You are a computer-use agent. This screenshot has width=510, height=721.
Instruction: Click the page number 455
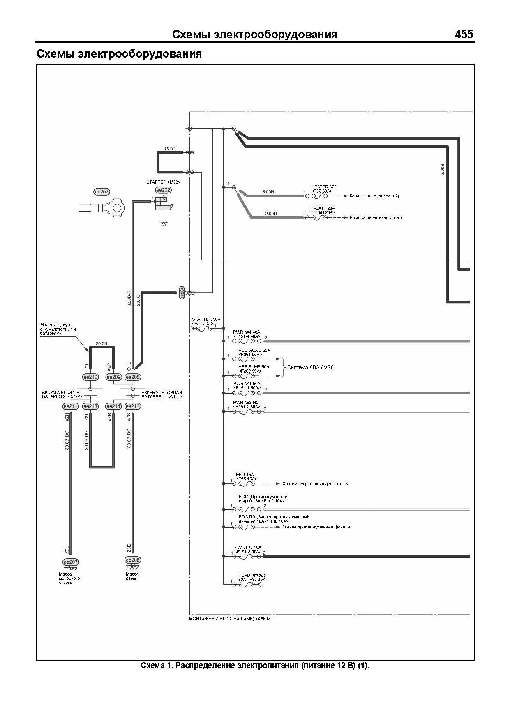(x=464, y=35)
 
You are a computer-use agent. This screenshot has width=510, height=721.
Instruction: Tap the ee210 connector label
(x=90, y=377)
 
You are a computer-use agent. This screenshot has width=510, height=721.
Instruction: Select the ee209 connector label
(x=113, y=377)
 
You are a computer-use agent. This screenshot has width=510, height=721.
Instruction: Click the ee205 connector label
(x=133, y=377)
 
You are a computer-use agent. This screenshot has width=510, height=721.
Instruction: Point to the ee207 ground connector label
(x=71, y=562)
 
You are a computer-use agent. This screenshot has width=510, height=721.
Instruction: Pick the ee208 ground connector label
(x=133, y=560)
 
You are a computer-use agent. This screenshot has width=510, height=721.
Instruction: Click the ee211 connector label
(x=70, y=406)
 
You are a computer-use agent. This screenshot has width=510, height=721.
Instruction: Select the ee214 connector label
(x=113, y=406)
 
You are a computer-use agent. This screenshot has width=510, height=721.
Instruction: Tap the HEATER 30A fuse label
(x=324, y=187)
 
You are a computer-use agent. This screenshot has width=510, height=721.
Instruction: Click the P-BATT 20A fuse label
(x=323, y=208)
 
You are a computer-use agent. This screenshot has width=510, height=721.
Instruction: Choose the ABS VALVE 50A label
(x=254, y=350)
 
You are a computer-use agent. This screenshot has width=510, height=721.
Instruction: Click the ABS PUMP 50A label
(x=254, y=366)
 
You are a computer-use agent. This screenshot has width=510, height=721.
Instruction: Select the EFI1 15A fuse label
(x=245, y=475)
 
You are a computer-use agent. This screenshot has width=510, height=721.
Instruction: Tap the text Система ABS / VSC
(x=311, y=367)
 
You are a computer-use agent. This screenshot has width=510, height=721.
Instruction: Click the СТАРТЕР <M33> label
(x=163, y=182)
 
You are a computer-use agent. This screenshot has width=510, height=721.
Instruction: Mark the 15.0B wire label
(x=170, y=149)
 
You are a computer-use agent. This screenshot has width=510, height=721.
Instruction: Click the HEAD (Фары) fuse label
(x=252, y=575)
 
